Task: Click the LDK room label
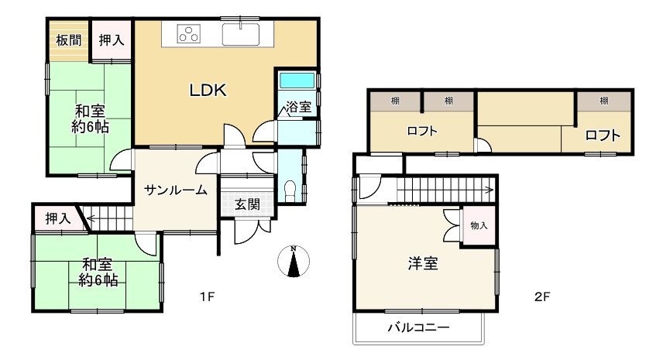click(208, 91)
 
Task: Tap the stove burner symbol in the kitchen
click(188, 34)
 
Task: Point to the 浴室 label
click(298, 108)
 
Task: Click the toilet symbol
click(290, 189)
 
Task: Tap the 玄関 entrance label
click(247, 205)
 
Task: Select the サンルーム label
click(174, 189)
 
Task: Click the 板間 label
click(68, 41)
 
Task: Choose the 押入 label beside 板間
click(112, 41)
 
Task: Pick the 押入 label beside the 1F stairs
click(57, 218)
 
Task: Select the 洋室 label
click(423, 263)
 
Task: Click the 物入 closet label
click(479, 225)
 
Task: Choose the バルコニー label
click(418, 327)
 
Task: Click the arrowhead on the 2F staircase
click(491, 188)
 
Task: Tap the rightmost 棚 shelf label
click(603, 101)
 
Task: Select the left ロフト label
click(422, 132)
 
